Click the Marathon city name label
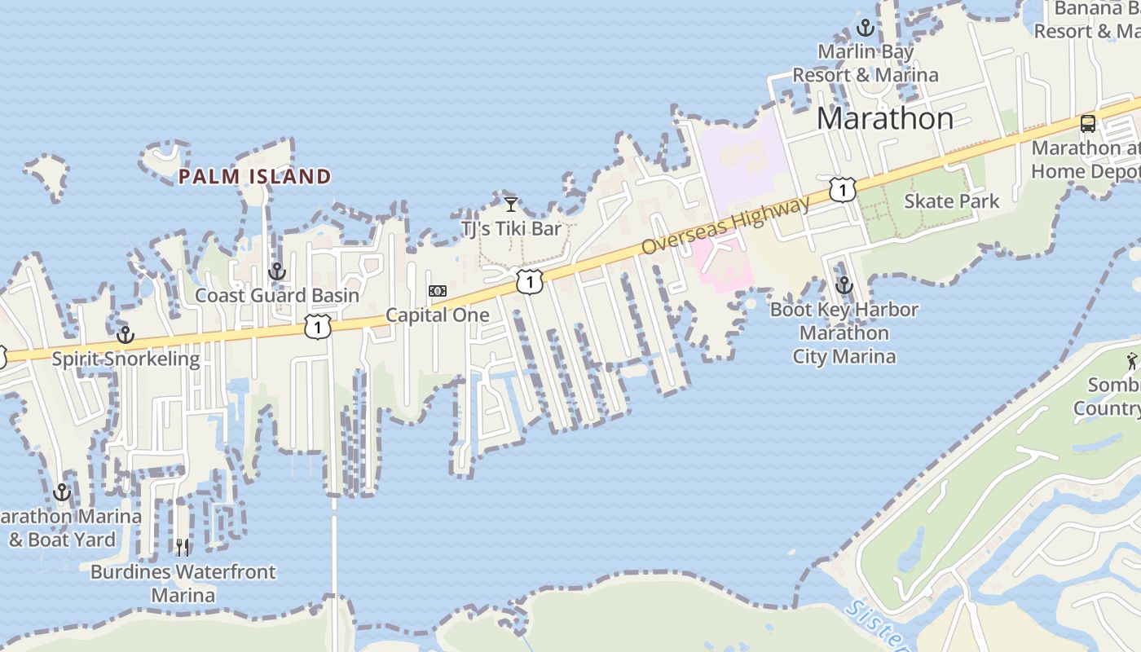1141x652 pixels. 884,119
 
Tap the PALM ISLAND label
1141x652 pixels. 254,176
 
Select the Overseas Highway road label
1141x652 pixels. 726,224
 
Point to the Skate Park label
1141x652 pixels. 951,201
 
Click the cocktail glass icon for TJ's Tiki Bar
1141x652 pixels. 511,204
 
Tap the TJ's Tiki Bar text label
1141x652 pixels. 512,228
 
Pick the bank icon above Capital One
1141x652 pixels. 438,291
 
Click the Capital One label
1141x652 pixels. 438,315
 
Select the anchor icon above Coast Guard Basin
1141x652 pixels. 277,271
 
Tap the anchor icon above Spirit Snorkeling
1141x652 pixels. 126,335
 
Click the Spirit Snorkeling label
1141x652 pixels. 126,359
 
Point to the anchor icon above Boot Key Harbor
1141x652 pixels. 844,285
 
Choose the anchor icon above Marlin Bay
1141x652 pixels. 866,29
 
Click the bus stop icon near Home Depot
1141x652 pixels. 1088,124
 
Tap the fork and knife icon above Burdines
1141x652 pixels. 183,547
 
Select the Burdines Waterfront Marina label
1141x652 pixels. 183,584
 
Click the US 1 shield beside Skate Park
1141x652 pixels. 842,190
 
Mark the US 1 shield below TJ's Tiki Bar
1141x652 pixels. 530,282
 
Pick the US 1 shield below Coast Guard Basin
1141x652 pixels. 317,327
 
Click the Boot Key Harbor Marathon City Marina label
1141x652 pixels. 844,333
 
